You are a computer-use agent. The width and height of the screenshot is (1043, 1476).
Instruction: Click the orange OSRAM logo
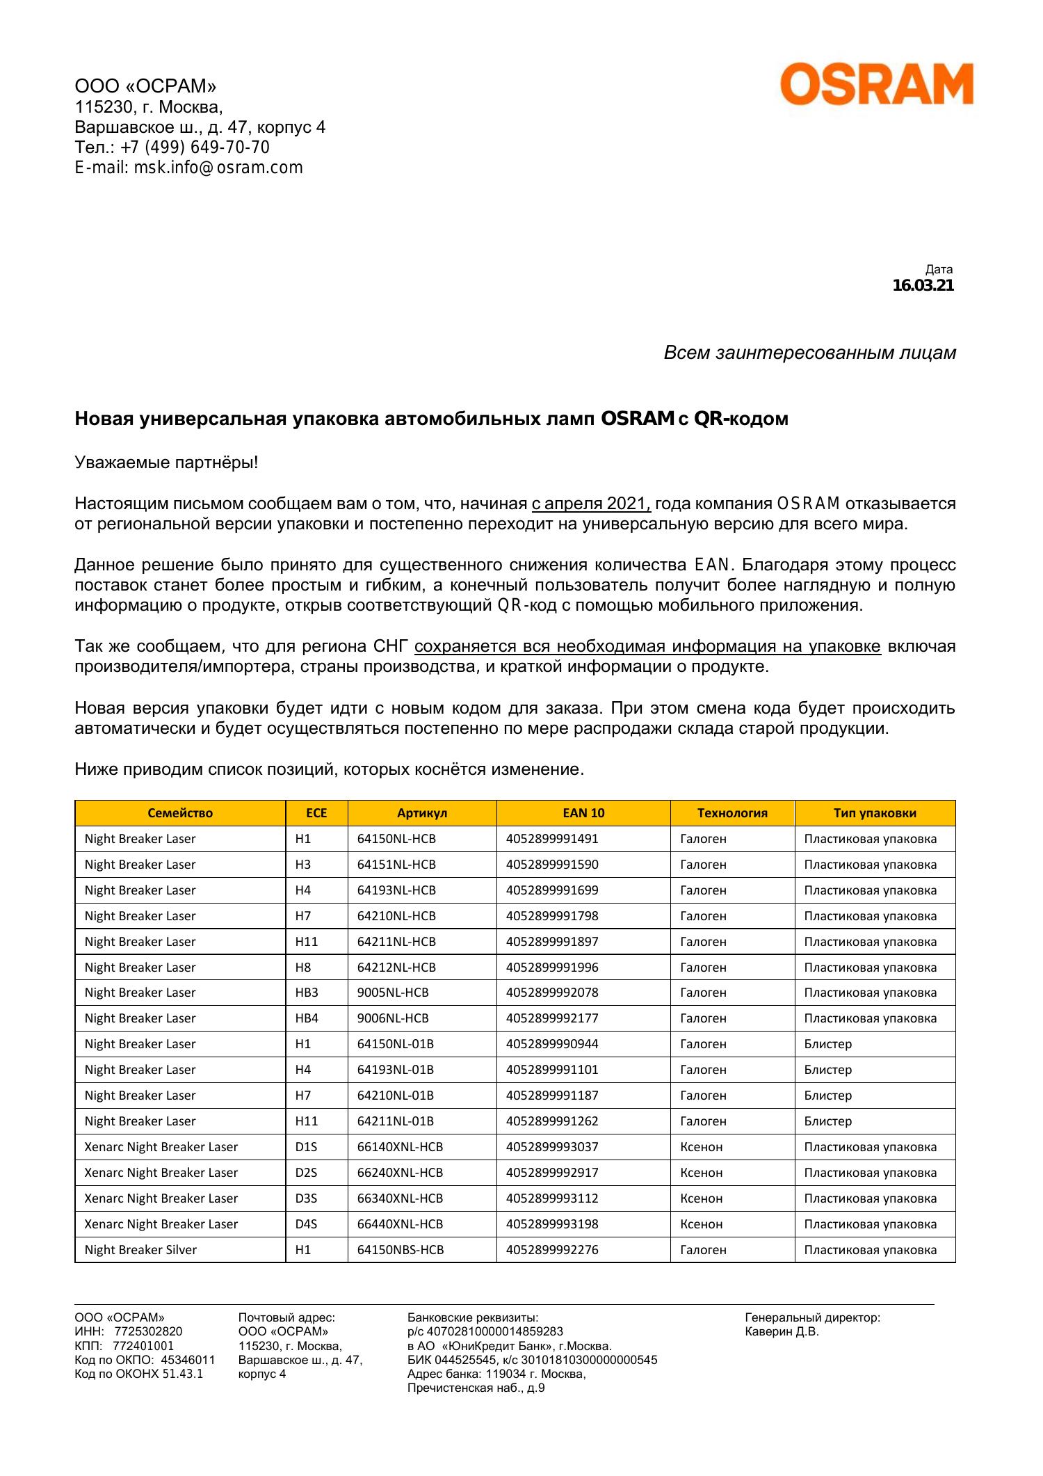coord(876,84)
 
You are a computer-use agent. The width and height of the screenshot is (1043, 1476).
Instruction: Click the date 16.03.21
coord(923,285)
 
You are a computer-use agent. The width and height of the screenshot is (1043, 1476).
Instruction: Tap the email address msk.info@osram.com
coord(218,168)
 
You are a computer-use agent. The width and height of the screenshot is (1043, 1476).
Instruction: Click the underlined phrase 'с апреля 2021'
coord(590,504)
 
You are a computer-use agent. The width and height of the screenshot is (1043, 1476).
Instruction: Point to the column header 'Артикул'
coord(421,813)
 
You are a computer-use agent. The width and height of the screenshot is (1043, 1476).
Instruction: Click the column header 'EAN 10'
coord(583,813)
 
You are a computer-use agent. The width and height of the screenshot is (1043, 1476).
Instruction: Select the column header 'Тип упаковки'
coord(875,813)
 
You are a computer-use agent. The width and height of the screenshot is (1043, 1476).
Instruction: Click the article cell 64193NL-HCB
coord(396,890)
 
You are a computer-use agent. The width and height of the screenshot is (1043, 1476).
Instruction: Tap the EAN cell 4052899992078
coord(552,993)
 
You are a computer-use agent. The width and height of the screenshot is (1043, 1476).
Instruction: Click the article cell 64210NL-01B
coord(396,1096)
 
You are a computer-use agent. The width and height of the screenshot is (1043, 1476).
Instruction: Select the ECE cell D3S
coord(306,1198)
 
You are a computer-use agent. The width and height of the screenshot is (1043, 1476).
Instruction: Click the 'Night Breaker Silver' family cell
coord(140,1250)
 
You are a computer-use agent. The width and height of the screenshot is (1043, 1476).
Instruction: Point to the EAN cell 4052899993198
coord(552,1224)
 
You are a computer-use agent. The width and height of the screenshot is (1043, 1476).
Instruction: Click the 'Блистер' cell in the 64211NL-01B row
coord(827,1121)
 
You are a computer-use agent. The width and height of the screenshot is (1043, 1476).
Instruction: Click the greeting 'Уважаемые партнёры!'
coord(166,463)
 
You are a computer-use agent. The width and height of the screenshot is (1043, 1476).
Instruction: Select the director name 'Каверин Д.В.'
coord(782,1331)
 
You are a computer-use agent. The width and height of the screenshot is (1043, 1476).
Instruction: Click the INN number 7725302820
coord(148,1331)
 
